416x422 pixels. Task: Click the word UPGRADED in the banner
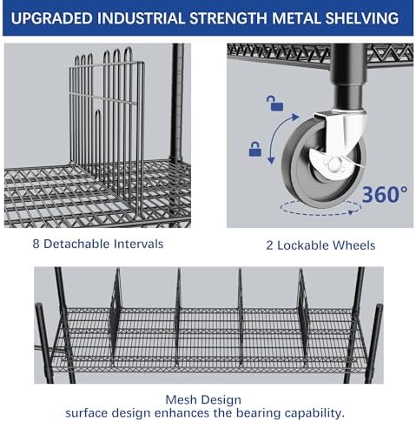[51, 18]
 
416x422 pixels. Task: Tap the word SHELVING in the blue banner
[361, 18]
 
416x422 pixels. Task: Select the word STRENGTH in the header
[228, 18]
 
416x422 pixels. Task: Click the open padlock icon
[274, 104]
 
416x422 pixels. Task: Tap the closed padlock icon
[255, 149]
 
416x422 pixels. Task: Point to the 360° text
[385, 194]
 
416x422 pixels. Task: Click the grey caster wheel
[322, 164]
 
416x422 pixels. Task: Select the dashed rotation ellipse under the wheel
[320, 208]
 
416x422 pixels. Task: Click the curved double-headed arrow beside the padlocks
[278, 137]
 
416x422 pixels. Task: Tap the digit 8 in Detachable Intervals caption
[36, 244]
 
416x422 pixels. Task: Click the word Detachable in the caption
[76, 244]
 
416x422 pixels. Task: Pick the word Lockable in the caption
[302, 245]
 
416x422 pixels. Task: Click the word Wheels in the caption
[353, 245]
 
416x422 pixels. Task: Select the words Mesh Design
[203, 400]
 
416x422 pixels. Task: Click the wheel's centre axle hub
[333, 164]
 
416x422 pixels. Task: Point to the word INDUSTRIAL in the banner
[141, 18]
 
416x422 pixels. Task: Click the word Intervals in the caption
[138, 244]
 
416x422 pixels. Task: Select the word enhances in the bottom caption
[182, 413]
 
